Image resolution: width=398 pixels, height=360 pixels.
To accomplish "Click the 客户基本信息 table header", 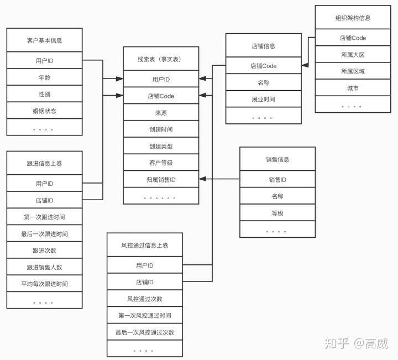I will click(x=44, y=40).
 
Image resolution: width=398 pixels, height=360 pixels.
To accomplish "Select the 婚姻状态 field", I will click(x=44, y=111).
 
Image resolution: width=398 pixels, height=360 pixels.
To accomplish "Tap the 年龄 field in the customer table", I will click(x=44, y=77).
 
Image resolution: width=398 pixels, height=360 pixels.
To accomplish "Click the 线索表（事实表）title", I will click(x=160, y=59).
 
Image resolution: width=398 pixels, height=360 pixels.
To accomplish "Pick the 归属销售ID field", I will click(x=160, y=179).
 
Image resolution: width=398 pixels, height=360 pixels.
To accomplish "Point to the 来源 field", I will click(x=160, y=112).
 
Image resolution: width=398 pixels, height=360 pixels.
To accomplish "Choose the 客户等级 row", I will click(x=160, y=163).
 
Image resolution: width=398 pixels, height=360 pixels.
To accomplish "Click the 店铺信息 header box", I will click(x=263, y=46).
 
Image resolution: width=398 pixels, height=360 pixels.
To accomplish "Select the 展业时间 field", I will click(x=263, y=100).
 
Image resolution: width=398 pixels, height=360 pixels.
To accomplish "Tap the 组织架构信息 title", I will click(x=353, y=18).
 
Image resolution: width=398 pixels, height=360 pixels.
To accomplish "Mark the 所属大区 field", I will click(x=353, y=55).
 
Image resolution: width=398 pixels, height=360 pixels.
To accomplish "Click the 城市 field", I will click(x=353, y=88).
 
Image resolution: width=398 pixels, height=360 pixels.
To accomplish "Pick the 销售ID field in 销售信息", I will click(x=277, y=179).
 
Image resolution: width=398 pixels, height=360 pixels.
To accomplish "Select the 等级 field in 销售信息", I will click(x=277, y=213).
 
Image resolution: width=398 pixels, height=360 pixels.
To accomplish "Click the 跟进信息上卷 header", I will click(x=44, y=163).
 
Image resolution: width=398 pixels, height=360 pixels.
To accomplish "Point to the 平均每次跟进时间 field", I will click(x=44, y=284).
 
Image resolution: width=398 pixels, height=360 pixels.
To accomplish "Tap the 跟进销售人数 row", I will click(x=44, y=267).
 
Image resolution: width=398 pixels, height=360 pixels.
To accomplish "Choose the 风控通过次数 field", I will click(x=144, y=299).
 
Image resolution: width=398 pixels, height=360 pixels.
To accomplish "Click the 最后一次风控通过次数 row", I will click(x=144, y=332).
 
